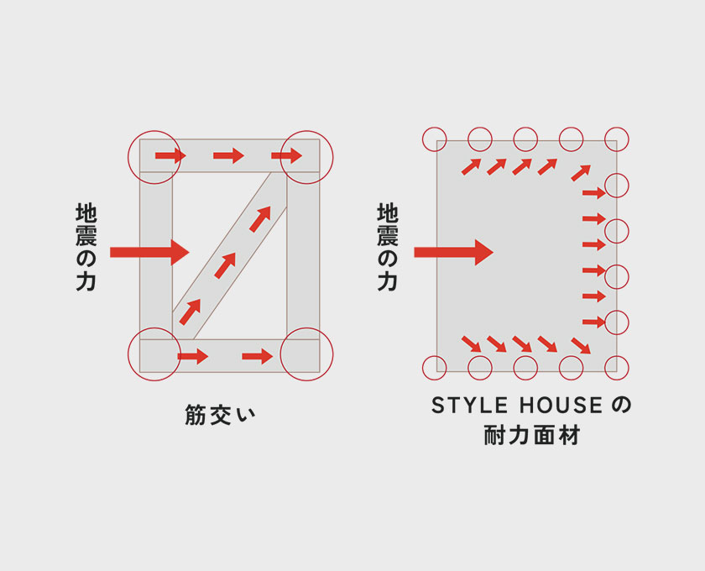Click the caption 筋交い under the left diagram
point(219,416)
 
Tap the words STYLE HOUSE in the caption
point(517,406)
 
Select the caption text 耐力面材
point(531,436)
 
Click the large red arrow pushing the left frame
point(150,250)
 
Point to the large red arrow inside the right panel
point(453,251)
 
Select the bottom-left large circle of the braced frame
point(154,354)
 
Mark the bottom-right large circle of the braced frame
point(306,354)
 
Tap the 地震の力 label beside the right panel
point(387,248)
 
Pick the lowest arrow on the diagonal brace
point(191,312)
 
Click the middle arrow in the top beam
point(228,155)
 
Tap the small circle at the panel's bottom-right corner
point(617,366)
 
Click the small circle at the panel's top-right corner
point(617,139)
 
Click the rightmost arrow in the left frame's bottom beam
point(258,357)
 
